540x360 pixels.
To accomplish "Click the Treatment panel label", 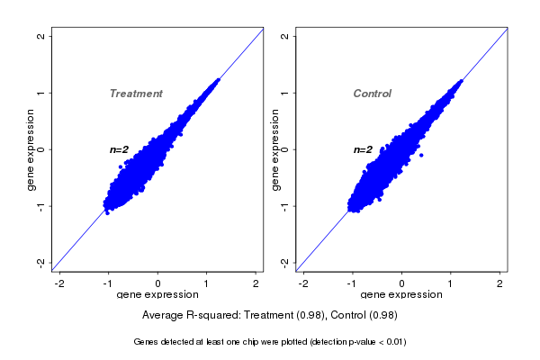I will [x=136, y=94].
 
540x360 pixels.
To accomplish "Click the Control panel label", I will [x=373, y=94].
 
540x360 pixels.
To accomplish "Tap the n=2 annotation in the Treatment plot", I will [x=120, y=149].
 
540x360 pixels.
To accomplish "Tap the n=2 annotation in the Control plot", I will [x=363, y=149].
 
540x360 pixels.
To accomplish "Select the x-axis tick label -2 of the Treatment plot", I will [x=60, y=284].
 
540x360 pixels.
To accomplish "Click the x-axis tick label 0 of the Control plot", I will [x=401, y=284].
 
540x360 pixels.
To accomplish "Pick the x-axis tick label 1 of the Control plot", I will [x=451, y=284].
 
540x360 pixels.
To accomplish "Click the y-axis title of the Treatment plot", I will [x=31, y=149].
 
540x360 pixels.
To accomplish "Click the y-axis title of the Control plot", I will [x=275, y=149].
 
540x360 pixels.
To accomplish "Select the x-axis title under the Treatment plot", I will [x=157, y=295].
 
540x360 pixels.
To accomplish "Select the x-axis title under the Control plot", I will [x=401, y=295].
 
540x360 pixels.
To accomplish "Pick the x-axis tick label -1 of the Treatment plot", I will [x=109, y=284].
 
